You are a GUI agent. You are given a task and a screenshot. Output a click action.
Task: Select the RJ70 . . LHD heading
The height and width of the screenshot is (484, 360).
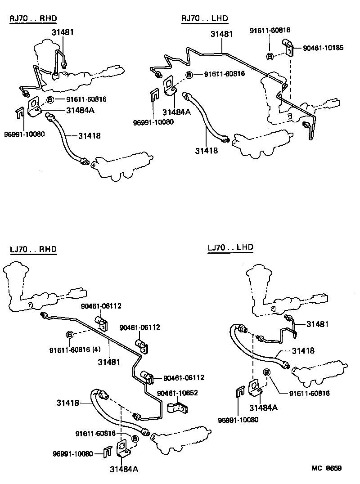click(205, 18)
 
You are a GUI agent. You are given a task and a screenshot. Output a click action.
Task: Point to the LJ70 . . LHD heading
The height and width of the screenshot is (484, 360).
click(230, 247)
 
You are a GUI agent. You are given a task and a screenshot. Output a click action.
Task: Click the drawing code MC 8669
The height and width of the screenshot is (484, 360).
click(327, 468)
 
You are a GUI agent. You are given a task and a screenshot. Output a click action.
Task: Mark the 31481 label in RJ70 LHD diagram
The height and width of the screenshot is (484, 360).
click(221, 34)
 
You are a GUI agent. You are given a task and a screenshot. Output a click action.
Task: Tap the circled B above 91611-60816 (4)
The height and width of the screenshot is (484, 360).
click(70, 334)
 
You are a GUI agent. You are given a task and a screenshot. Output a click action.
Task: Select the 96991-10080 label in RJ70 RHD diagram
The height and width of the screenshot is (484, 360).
click(24, 134)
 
